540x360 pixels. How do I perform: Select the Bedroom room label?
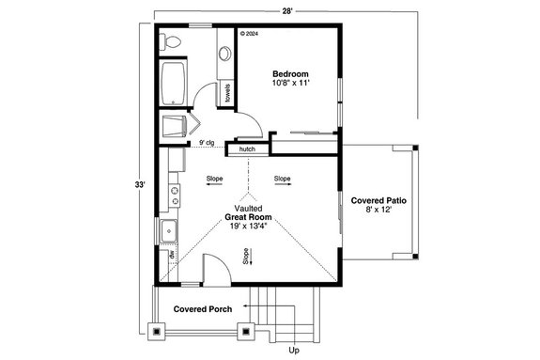click(290, 74)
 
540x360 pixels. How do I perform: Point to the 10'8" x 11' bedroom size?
click(290, 85)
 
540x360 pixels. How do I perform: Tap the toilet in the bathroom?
click(170, 42)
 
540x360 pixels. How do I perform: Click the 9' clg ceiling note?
click(207, 143)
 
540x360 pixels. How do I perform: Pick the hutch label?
click(247, 149)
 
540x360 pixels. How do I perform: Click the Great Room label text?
click(248, 217)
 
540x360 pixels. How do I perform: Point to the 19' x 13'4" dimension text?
click(248, 227)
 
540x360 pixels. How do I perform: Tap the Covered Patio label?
click(378, 201)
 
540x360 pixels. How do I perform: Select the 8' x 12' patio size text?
click(378, 211)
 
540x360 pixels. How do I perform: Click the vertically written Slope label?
click(246, 256)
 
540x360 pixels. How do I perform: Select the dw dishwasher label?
click(172, 254)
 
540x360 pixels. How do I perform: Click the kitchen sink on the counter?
click(170, 229)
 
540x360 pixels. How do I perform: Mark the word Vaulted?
click(248, 208)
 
